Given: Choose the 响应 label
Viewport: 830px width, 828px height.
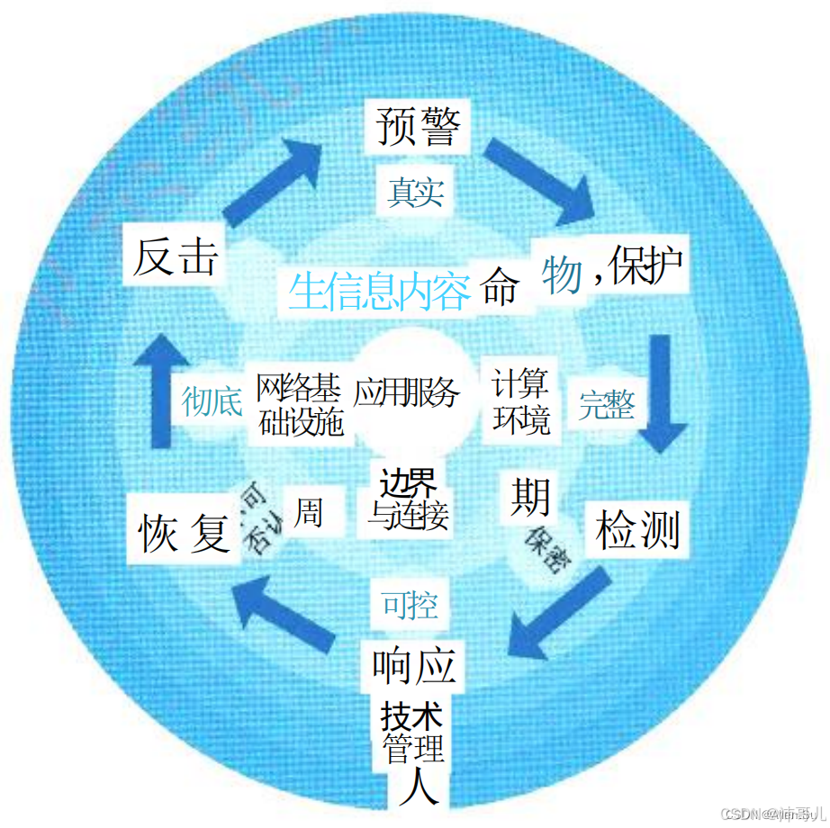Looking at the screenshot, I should (x=415, y=667).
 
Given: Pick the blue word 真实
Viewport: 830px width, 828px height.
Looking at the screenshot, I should (x=415, y=192).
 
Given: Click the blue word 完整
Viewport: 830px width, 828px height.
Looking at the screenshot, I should (x=606, y=405).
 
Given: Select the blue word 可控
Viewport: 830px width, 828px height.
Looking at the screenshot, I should (x=410, y=605).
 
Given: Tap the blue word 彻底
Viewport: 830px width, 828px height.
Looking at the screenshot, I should (x=212, y=401).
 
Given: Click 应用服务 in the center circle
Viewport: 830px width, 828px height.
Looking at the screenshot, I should (x=406, y=392).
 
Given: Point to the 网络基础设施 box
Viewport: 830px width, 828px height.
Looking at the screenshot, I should (x=300, y=405).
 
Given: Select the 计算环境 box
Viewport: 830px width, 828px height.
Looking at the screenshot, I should (x=520, y=401).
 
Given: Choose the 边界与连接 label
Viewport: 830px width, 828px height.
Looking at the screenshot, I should (x=408, y=499).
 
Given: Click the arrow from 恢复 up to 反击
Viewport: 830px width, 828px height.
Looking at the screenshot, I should (x=159, y=387).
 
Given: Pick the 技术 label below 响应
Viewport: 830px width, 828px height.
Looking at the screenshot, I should (x=412, y=717).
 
